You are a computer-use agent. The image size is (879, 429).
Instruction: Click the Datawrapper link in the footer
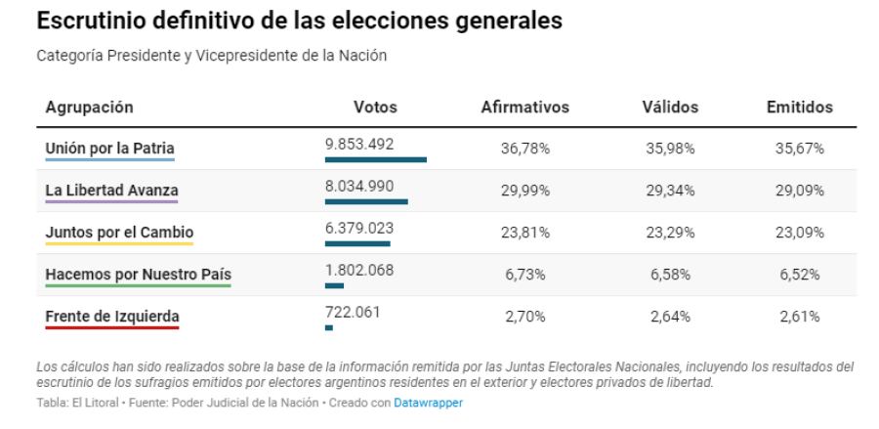coord(428,403)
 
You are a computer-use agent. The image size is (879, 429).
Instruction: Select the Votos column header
coord(375,107)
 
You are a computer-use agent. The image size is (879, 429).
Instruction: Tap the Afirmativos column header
coord(524,107)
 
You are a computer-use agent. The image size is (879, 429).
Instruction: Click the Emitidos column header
coord(799,107)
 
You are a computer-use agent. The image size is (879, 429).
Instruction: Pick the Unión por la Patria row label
coord(109,149)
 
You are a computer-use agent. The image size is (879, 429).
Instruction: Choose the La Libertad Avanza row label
coord(111,191)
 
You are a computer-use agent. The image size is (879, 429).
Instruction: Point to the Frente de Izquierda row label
coord(112,317)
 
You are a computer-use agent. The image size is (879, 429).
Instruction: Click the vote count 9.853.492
coord(359,144)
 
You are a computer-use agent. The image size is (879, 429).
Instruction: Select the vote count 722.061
coord(353,312)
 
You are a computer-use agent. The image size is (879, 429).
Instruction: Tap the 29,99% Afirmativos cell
coord(525,191)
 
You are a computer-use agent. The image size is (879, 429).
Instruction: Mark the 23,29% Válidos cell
coord(670,233)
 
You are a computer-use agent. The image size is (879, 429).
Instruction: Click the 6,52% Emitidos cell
coord(800,275)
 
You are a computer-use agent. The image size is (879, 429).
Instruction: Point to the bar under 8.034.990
coord(366,201)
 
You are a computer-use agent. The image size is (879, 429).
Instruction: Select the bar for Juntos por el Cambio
coord(357,243)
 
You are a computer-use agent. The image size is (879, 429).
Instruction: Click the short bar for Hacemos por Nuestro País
coord(334,285)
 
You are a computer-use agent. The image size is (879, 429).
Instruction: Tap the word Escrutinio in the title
coord(88,20)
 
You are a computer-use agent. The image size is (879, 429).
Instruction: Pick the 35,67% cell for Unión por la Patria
coord(800,149)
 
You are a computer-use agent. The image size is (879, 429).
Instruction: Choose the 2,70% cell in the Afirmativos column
coord(525,317)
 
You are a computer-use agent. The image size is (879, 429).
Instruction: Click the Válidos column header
coord(670,107)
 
